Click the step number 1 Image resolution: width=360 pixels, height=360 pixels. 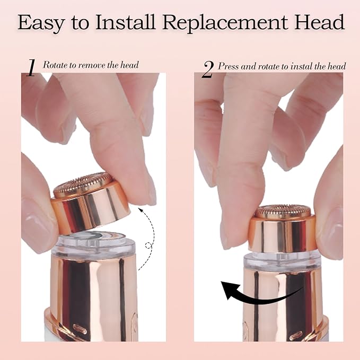[31, 68]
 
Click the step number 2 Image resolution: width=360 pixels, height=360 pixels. [207, 69]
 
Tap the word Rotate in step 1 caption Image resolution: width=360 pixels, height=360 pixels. [54, 65]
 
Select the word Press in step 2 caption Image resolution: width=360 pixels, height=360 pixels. [229, 66]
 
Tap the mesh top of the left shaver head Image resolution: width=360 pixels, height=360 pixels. [82, 183]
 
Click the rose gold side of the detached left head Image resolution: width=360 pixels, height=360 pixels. [95, 209]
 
